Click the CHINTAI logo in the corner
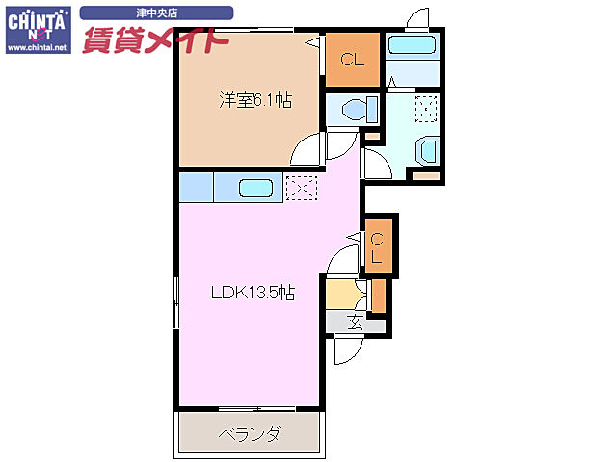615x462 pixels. coord(37,29)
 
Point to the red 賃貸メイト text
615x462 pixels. coord(155,40)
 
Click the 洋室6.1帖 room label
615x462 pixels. coord(254,99)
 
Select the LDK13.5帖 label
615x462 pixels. coord(253,294)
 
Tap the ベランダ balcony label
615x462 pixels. coord(249,434)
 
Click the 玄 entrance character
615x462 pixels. coord(355,323)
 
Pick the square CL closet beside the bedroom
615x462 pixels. coord(352,60)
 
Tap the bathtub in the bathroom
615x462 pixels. coord(413,45)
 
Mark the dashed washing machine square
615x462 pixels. coord(424,107)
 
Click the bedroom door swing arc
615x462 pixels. coord(308,150)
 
